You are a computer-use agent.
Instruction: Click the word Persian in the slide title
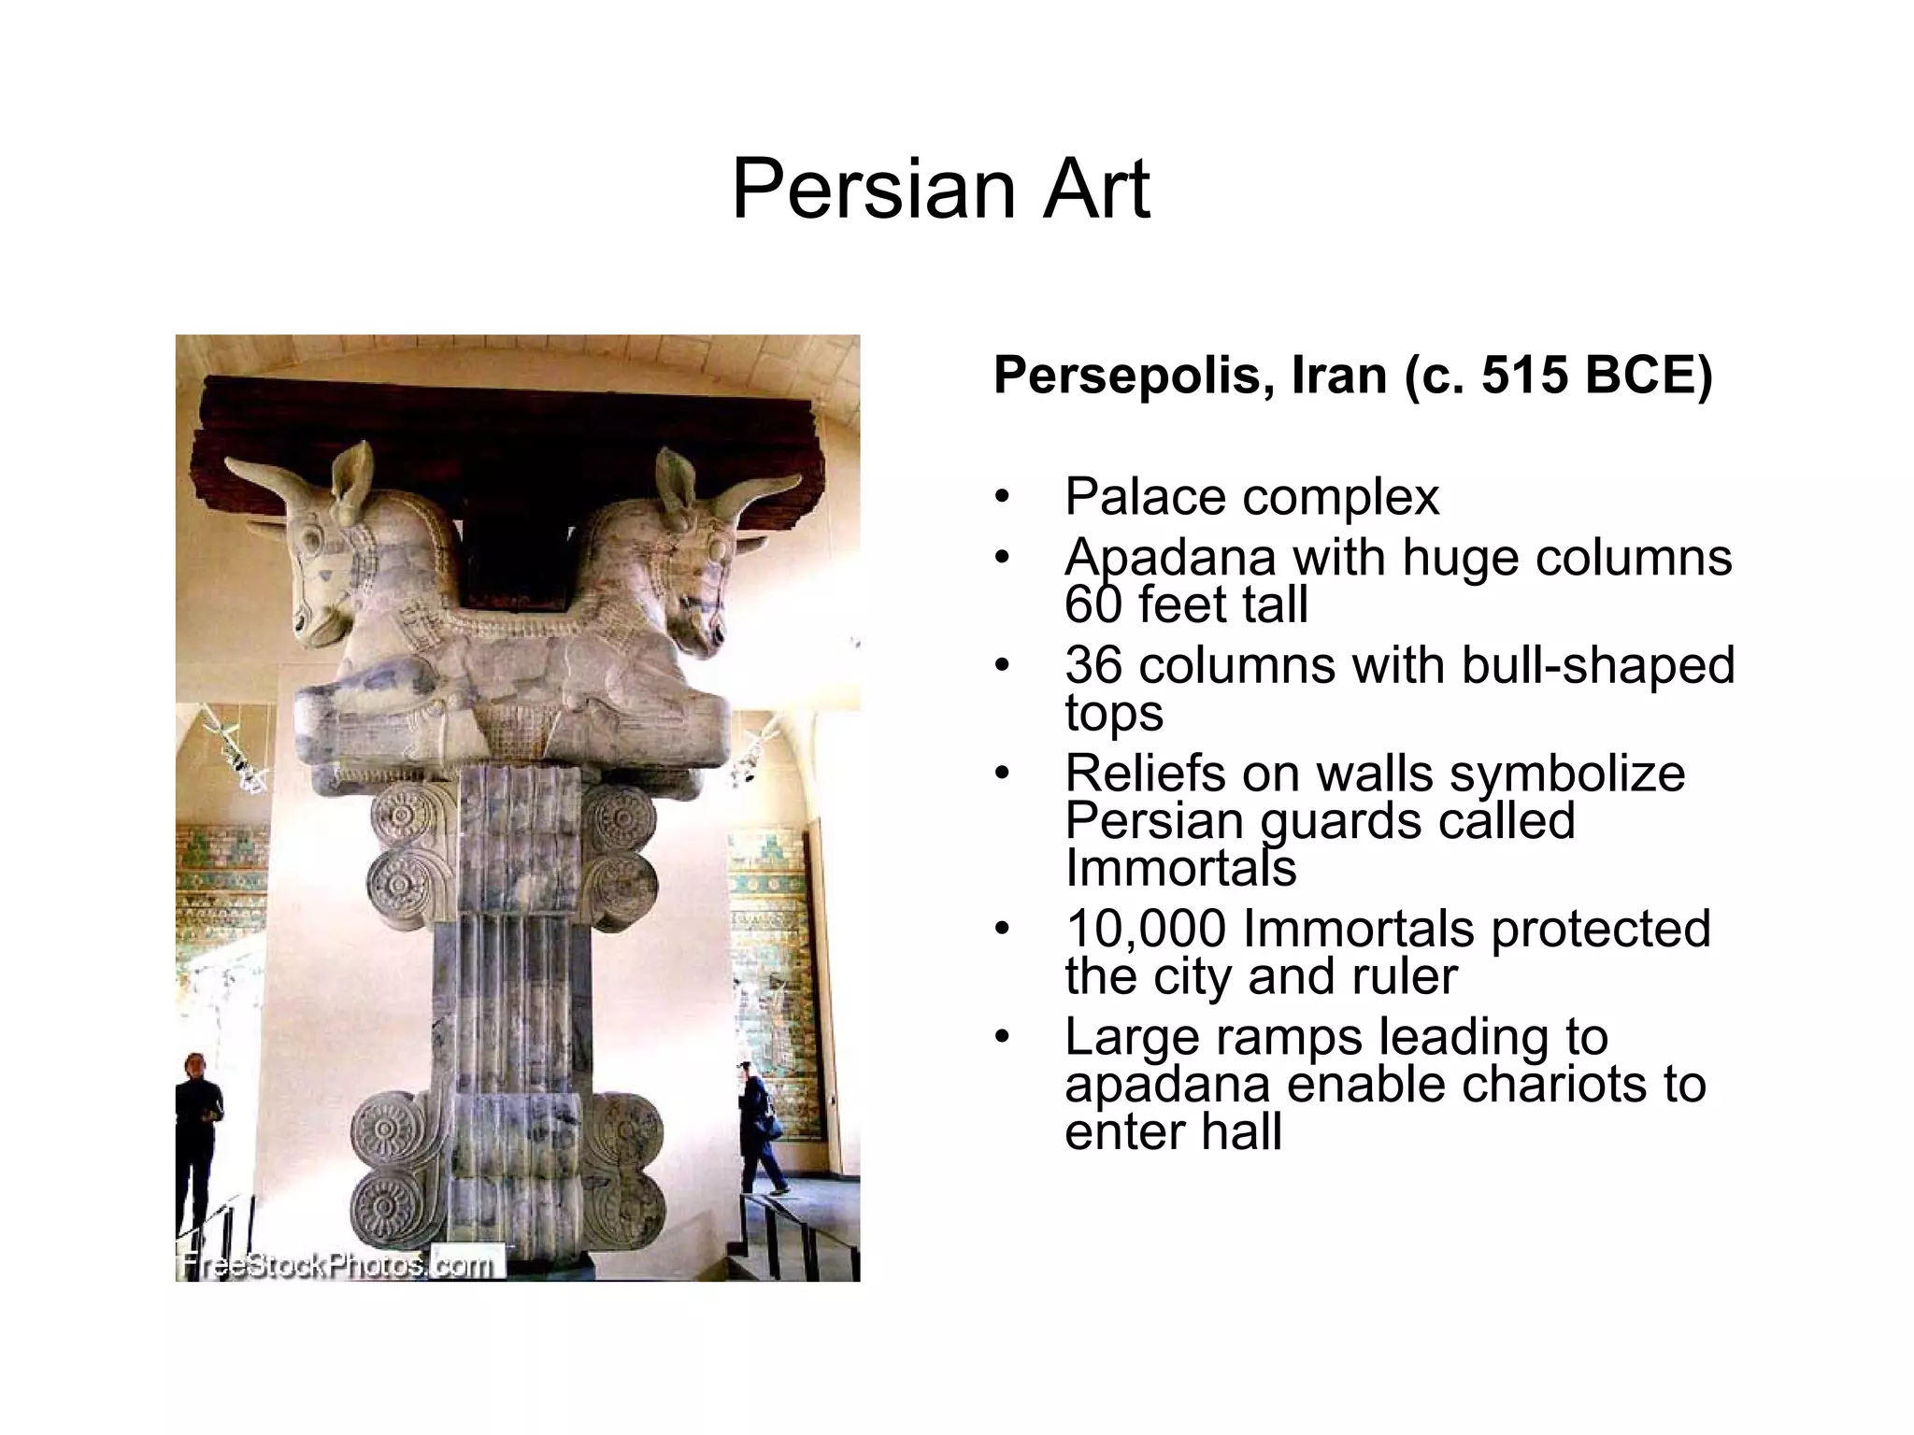(x=875, y=190)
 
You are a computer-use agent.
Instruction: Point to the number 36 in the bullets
(x=1095, y=665)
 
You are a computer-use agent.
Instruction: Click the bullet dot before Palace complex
(x=1003, y=498)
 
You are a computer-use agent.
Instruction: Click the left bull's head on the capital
(x=322, y=561)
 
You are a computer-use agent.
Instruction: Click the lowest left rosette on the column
(x=385, y=1206)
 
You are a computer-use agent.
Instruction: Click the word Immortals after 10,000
(x=1360, y=929)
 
